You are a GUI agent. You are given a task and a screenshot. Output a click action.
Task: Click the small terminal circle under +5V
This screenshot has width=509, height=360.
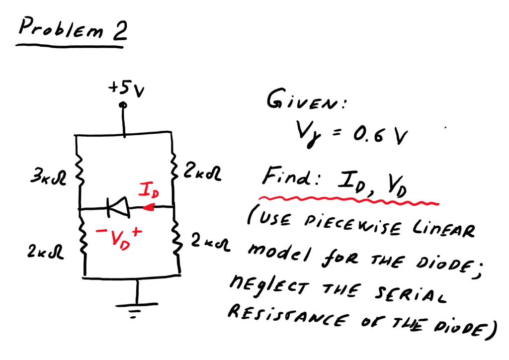(x=124, y=105)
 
